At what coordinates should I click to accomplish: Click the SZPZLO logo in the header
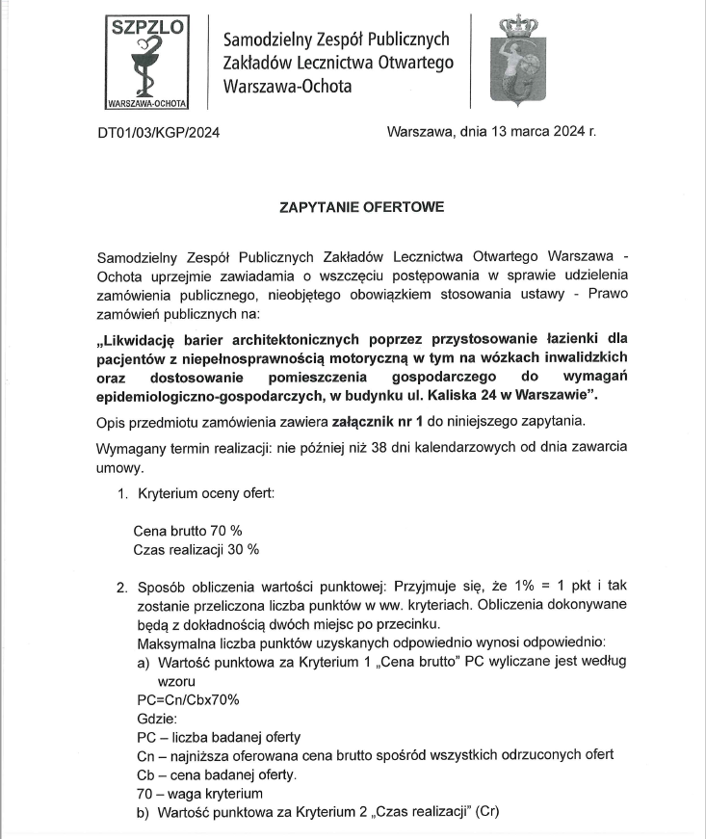[x=147, y=60]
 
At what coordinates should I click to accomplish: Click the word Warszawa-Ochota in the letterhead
[x=287, y=86]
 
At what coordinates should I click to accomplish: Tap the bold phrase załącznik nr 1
[x=367, y=422]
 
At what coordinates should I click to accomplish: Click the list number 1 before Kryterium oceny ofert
[x=121, y=493]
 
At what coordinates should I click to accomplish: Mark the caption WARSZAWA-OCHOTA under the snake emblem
[x=147, y=101]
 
